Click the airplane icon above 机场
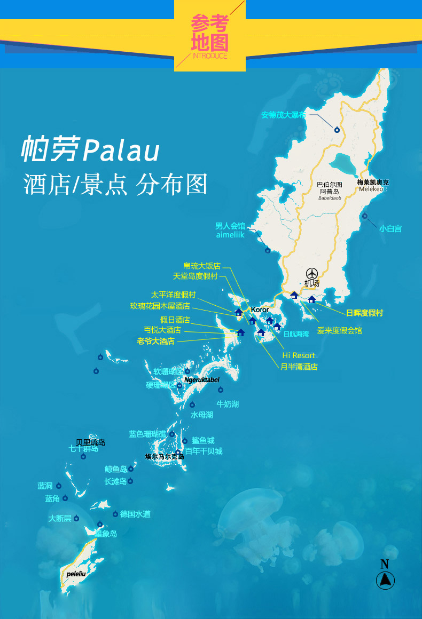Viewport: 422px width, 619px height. pos(311,273)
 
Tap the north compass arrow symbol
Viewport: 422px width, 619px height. pos(385,580)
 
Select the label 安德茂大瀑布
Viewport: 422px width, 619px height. pos(284,114)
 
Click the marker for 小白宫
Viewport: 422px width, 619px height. pos(365,216)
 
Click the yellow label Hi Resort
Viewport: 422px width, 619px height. pos(299,355)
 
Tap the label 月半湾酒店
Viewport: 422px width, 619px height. pos(299,367)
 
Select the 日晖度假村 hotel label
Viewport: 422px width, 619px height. pos(364,313)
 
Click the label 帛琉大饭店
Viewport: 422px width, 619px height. pos(201,266)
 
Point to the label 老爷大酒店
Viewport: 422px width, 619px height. pos(155,341)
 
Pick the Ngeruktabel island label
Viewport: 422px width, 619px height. pos(202,380)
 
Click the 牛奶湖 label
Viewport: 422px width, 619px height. pos(228,404)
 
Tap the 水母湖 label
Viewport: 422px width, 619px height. pos(202,415)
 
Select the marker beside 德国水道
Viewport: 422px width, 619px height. pos(115,514)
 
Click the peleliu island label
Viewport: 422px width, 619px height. pos(77,574)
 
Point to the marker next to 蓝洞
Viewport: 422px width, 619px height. pos(59,486)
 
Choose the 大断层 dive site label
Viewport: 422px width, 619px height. pos(59,518)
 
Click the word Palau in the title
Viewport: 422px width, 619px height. pos(122,150)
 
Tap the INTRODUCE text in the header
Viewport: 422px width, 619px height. pos(209,56)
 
